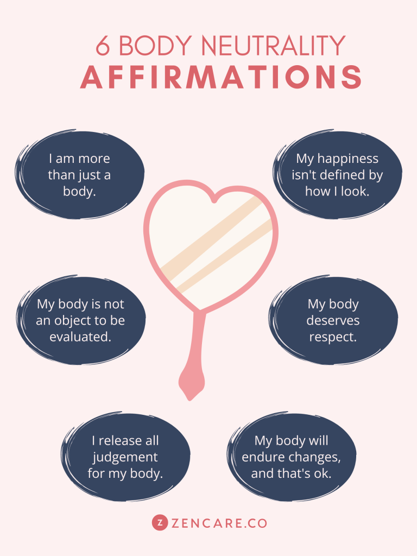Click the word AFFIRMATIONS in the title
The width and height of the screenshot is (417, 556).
pos(221,78)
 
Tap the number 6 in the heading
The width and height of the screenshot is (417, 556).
pos(103,47)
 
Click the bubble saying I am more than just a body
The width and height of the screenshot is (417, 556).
pos(79,175)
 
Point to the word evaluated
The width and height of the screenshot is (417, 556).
pos(80,337)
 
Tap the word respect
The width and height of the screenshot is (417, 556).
pos(333,337)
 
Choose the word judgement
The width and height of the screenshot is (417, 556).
pos(125,457)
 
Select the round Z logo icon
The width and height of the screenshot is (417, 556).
pos(159,523)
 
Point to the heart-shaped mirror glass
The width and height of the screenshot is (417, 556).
pos(212,239)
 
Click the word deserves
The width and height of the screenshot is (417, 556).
pos(333,320)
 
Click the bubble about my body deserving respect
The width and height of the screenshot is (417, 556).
pos(333,320)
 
